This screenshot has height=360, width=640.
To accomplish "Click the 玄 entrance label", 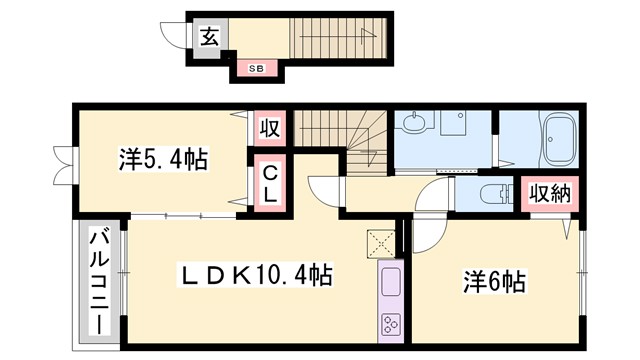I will (209, 37).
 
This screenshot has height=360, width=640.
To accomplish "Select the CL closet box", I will (270, 183).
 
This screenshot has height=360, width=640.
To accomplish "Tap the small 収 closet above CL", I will (270, 129).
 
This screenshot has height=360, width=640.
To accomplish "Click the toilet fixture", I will (487, 194).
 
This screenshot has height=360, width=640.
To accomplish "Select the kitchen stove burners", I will (388, 325).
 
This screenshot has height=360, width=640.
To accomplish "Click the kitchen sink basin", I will (388, 282).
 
